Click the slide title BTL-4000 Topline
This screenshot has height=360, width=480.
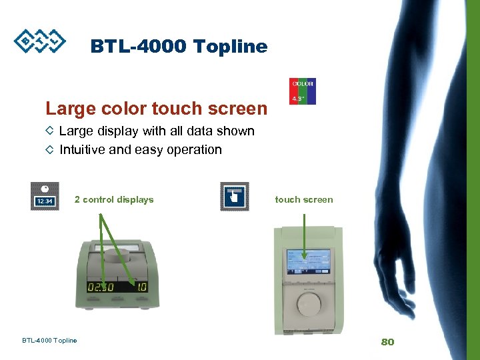tap(179, 47)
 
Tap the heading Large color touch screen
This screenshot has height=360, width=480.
tap(156, 108)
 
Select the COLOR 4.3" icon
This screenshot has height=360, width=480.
tap(302, 91)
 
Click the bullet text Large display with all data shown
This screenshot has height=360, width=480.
tap(157, 131)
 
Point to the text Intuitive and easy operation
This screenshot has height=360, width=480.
tap(141, 150)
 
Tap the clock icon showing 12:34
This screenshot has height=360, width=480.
tap(45, 197)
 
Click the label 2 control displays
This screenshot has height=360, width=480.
tap(114, 199)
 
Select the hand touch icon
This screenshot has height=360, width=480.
tap(234, 197)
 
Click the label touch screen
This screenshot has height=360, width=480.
tap(303, 199)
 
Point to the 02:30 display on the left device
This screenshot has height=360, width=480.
tap(101, 287)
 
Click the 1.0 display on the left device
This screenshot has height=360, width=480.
tap(141, 287)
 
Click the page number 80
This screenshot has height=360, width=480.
tap(387, 342)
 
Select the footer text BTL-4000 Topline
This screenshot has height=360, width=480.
tap(49, 341)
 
